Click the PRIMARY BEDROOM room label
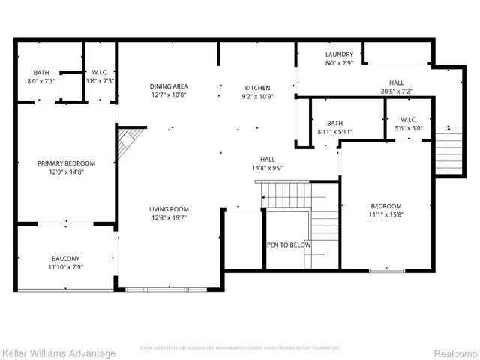[x=67, y=163]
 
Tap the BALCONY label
[x=66, y=258]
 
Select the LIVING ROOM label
[x=169, y=209]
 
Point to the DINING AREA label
[x=169, y=86]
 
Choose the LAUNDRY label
[x=339, y=55]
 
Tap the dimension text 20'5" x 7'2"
[x=396, y=91]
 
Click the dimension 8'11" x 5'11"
[x=334, y=132]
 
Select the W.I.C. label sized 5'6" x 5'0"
[x=409, y=119]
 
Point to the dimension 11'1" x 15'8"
[x=386, y=215]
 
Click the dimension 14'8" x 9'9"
[x=268, y=169]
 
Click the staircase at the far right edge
[x=450, y=150]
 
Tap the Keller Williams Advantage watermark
[x=58, y=353]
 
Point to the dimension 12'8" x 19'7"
[x=169, y=218]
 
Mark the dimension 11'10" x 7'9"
[x=66, y=267]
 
